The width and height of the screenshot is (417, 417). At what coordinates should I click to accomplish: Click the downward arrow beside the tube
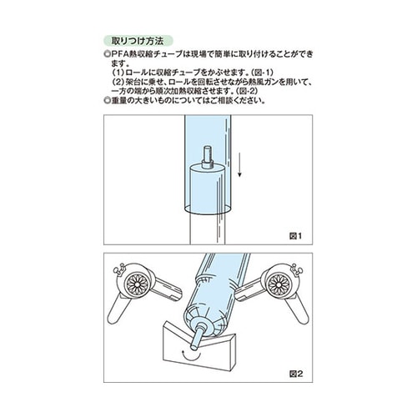(x=241, y=163)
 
